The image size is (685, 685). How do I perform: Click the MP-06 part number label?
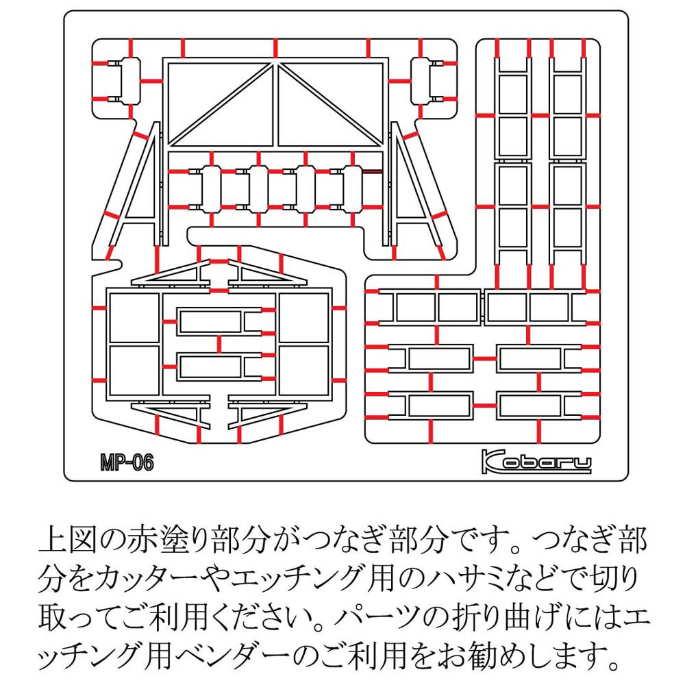click(x=127, y=462)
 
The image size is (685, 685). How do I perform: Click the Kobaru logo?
click(x=536, y=462)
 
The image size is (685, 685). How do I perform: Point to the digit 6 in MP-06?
click(x=147, y=462)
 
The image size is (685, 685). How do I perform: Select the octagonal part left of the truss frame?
click(x=129, y=81)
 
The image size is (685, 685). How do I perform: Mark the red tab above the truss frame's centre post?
click(x=275, y=48)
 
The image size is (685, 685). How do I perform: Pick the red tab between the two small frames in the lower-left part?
click(x=219, y=344)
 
